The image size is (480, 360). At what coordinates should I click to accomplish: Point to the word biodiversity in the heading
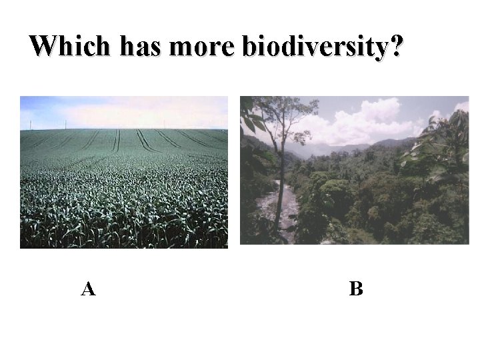click(313, 47)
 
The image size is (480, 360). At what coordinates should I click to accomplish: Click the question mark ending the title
click(396, 46)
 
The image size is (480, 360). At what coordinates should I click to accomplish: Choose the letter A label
click(88, 289)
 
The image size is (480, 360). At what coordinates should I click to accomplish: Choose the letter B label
click(356, 289)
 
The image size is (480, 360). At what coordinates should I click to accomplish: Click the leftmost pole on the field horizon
click(30, 125)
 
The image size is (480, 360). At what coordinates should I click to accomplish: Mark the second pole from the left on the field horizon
click(65, 124)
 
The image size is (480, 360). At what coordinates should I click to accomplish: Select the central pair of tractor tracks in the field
click(117, 141)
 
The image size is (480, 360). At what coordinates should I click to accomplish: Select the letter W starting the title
click(42, 46)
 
